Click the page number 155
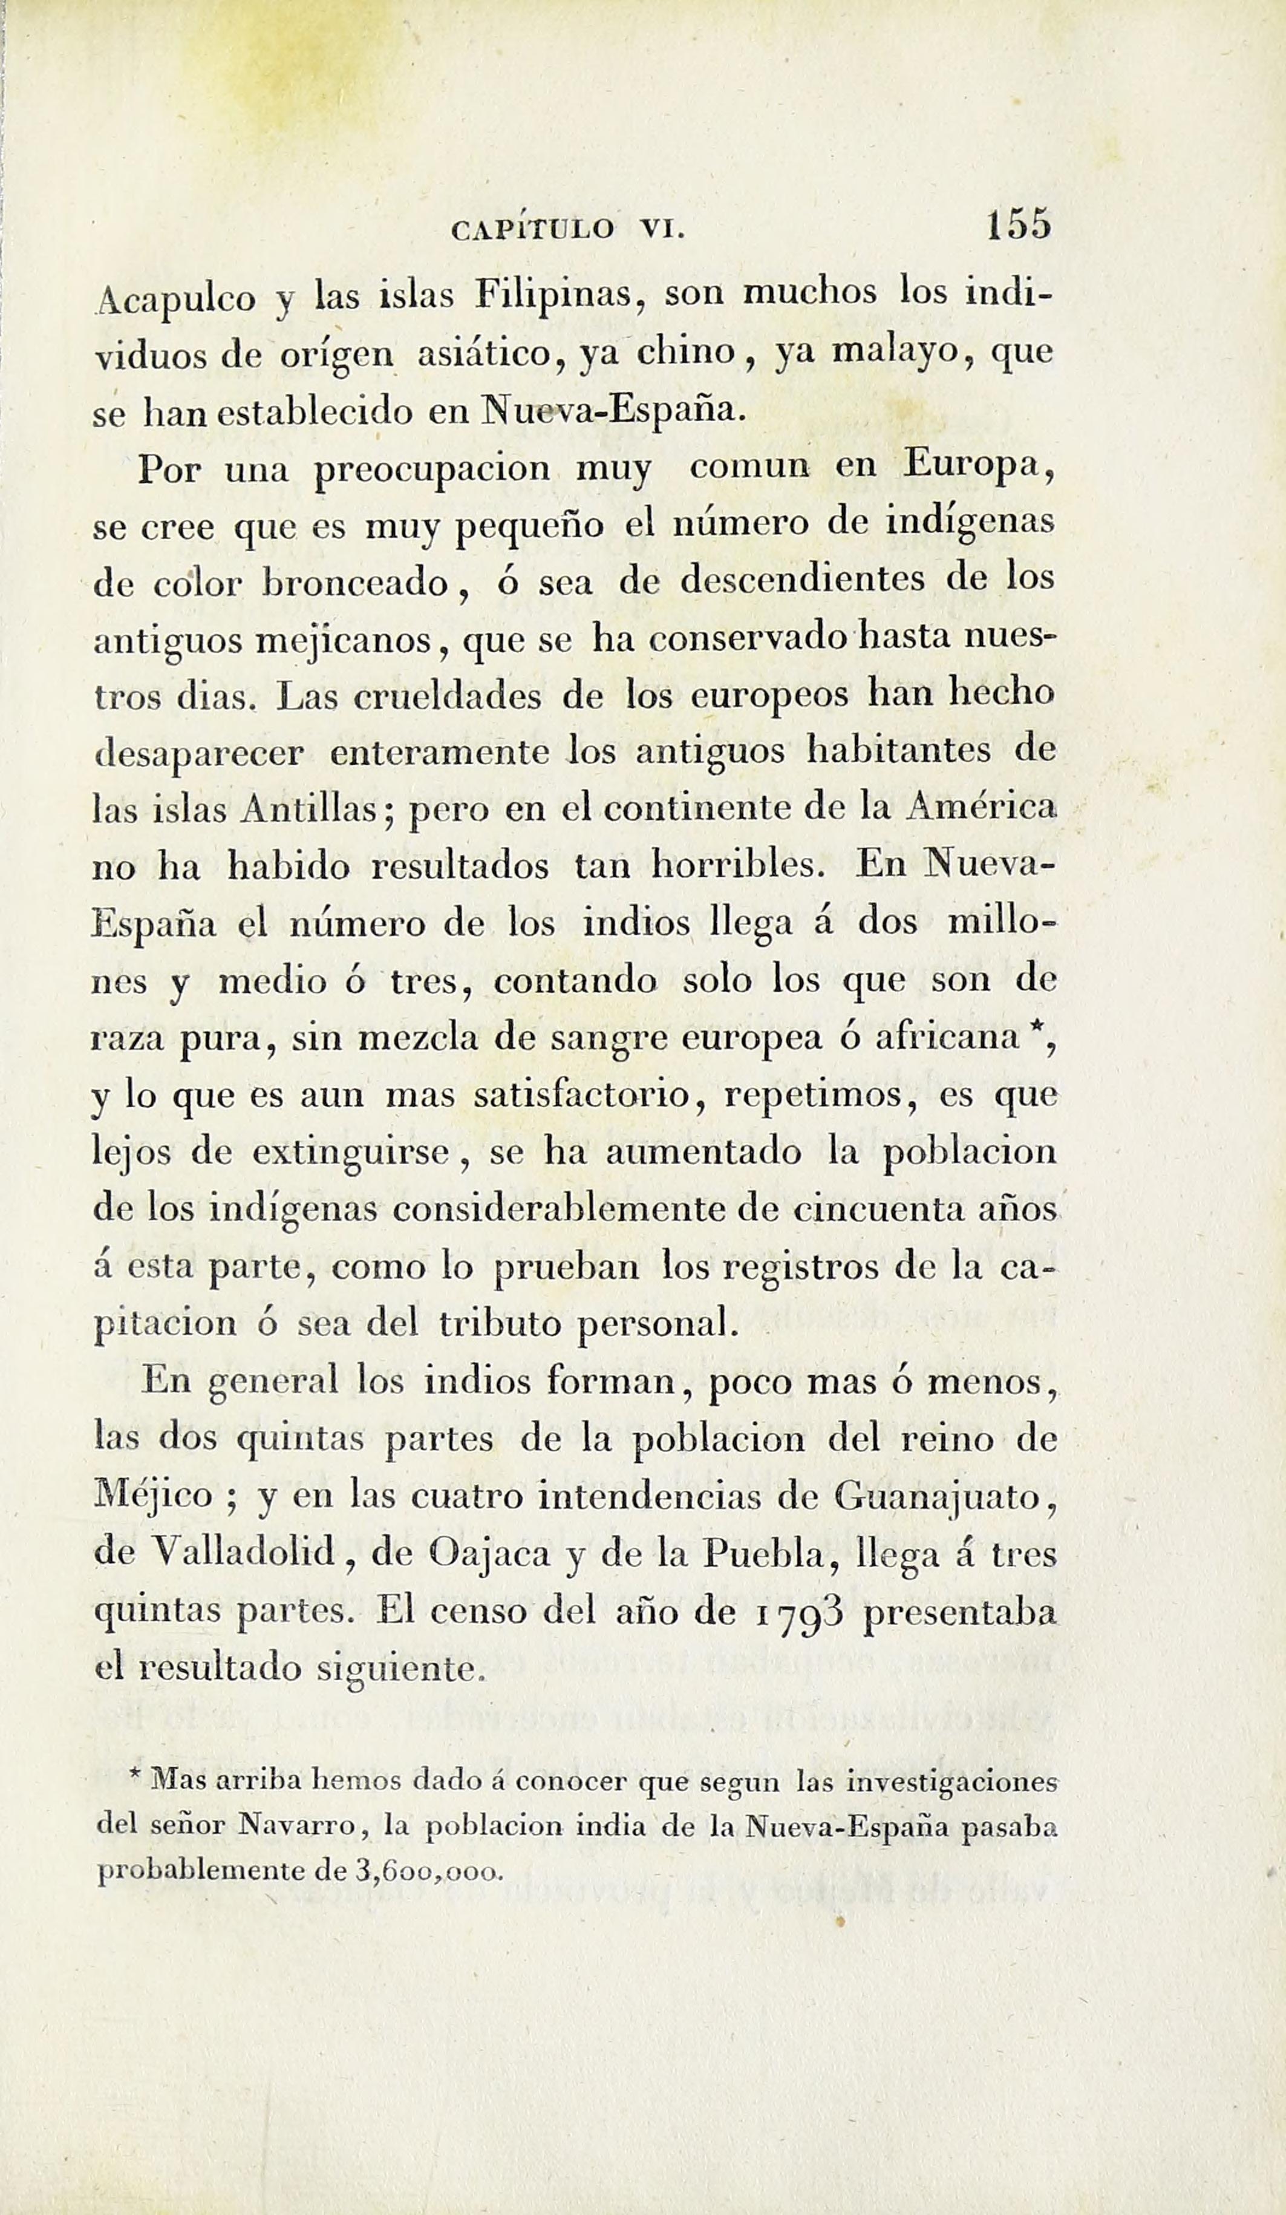pos(1018,225)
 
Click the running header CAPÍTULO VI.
pos(567,231)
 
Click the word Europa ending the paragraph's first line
pos(978,466)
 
